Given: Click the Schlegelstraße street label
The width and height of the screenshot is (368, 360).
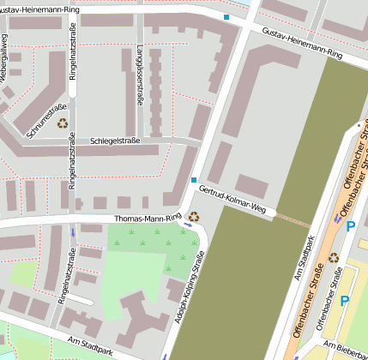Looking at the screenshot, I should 115,140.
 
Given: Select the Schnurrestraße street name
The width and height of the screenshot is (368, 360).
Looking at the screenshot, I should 46,121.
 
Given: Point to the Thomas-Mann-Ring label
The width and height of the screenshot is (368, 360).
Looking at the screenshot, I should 148,219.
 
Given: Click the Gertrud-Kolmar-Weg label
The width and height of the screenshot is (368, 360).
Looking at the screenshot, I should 233,200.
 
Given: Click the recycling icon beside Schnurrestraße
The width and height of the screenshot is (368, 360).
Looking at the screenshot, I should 63,123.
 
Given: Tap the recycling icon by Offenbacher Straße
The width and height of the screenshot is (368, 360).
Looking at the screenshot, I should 334,257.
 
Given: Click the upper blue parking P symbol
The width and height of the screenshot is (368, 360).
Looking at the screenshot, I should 350,226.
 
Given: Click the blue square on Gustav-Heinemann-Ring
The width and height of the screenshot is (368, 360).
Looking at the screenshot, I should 226,16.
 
